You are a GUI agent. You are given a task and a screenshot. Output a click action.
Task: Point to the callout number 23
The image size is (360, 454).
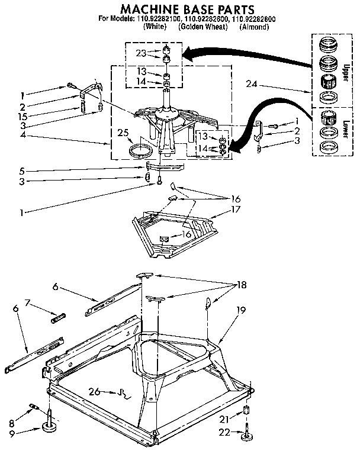(140, 53)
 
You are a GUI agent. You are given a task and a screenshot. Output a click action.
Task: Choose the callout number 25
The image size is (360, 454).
(123, 132)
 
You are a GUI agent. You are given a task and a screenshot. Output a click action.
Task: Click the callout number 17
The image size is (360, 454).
(221, 210)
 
